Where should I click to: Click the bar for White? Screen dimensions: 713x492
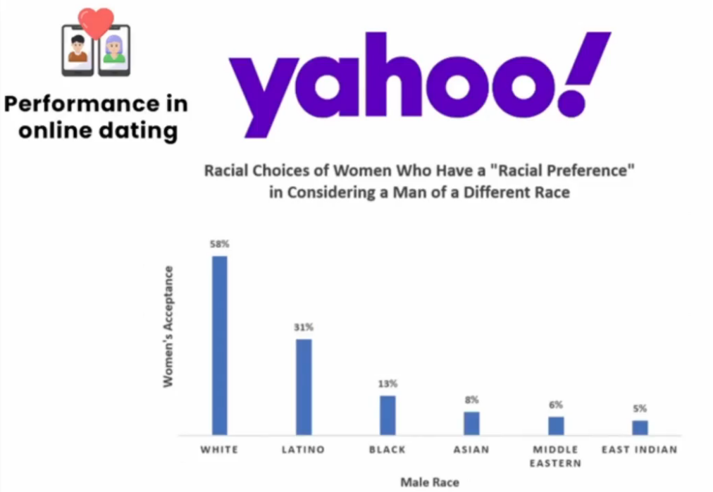click(220, 345)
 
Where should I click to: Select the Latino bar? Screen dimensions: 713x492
click(304, 387)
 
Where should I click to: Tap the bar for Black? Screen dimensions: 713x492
click(387, 416)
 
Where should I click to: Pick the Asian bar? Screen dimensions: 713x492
click(471, 424)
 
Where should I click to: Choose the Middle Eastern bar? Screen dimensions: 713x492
click(556, 426)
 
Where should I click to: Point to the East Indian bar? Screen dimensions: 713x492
click(640, 428)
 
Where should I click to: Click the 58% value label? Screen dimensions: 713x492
click(220, 245)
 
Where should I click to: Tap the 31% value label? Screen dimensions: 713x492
click(304, 327)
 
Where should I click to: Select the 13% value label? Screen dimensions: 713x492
click(387, 383)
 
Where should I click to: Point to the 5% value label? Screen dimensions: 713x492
click(640, 409)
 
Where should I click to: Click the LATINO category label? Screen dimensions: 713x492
click(303, 450)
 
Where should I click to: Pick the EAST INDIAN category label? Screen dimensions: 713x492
click(639, 450)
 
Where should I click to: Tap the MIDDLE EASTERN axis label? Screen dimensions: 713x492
click(555, 457)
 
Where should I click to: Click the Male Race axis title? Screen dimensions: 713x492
click(430, 482)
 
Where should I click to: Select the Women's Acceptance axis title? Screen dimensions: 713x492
click(168, 327)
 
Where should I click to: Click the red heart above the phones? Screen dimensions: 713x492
click(96, 23)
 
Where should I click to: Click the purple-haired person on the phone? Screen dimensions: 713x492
click(114, 49)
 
